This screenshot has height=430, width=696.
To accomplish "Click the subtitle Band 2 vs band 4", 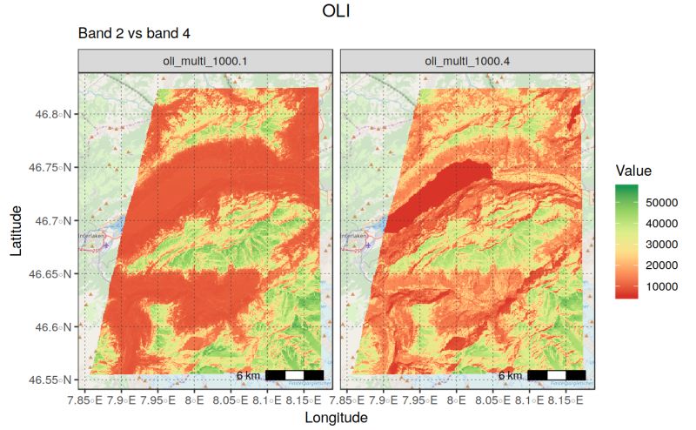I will click(133, 33).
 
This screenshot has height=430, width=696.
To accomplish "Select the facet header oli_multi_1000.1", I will click(205, 61).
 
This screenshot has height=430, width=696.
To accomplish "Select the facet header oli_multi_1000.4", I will click(467, 61).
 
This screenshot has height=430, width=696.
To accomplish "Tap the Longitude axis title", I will click(336, 418).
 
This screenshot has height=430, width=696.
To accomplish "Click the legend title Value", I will click(632, 171).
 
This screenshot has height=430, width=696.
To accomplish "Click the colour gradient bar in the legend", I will click(626, 241).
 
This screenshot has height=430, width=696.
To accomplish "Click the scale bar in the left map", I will click(294, 375).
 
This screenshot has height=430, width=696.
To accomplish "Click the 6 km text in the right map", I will click(511, 376).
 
